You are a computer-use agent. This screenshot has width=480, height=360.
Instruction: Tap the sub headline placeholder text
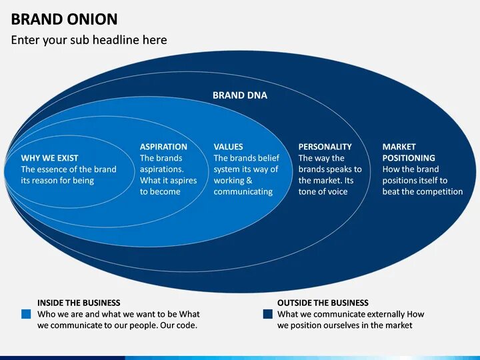pyautogui.click(x=89, y=40)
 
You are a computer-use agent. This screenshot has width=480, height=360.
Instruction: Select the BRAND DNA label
pyautogui.click(x=240, y=95)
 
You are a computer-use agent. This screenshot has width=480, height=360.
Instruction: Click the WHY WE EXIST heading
pyautogui.click(x=49, y=158)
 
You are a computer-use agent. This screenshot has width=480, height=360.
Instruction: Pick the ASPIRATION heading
pyautogui.click(x=163, y=147)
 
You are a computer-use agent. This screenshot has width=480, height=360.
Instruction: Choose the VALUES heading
pyautogui.click(x=228, y=147)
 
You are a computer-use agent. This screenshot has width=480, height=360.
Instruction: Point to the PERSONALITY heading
pyautogui.click(x=325, y=147)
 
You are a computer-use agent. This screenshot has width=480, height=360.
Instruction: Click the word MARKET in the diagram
pyautogui.click(x=399, y=147)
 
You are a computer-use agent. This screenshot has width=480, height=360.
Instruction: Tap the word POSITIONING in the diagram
pyautogui.click(x=409, y=158)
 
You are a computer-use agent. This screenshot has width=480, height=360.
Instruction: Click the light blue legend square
pyautogui.click(x=26, y=314)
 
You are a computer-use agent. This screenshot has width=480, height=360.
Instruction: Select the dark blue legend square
pyautogui.click(x=267, y=314)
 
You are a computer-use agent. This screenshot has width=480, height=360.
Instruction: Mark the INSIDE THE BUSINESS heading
pyautogui.click(x=79, y=303)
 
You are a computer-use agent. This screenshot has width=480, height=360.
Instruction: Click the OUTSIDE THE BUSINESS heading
pyautogui.click(x=323, y=303)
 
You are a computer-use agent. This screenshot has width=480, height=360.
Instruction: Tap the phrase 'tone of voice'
pyautogui.click(x=323, y=191)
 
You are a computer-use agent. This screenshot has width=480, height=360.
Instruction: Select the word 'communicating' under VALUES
pyautogui.click(x=243, y=191)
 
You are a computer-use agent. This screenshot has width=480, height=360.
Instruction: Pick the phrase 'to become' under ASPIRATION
pyautogui.click(x=160, y=191)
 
